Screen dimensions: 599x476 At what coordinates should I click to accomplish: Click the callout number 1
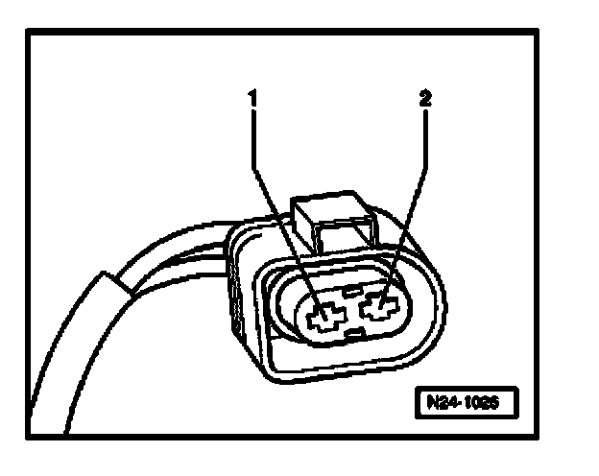click(253, 98)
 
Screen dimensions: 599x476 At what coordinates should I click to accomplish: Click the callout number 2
click(423, 98)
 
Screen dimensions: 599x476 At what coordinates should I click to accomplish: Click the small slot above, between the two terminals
click(351, 289)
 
